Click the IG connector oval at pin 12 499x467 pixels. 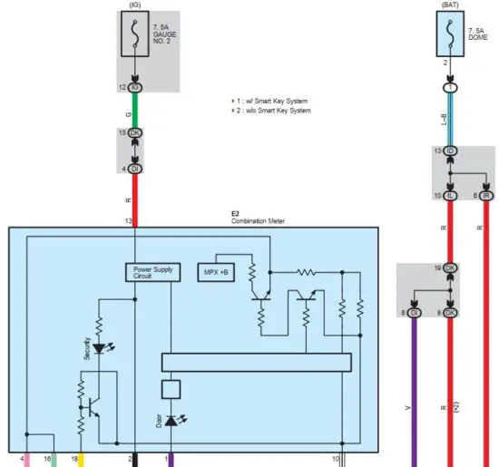[x=134, y=87]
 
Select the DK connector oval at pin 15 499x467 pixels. [x=134, y=133]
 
